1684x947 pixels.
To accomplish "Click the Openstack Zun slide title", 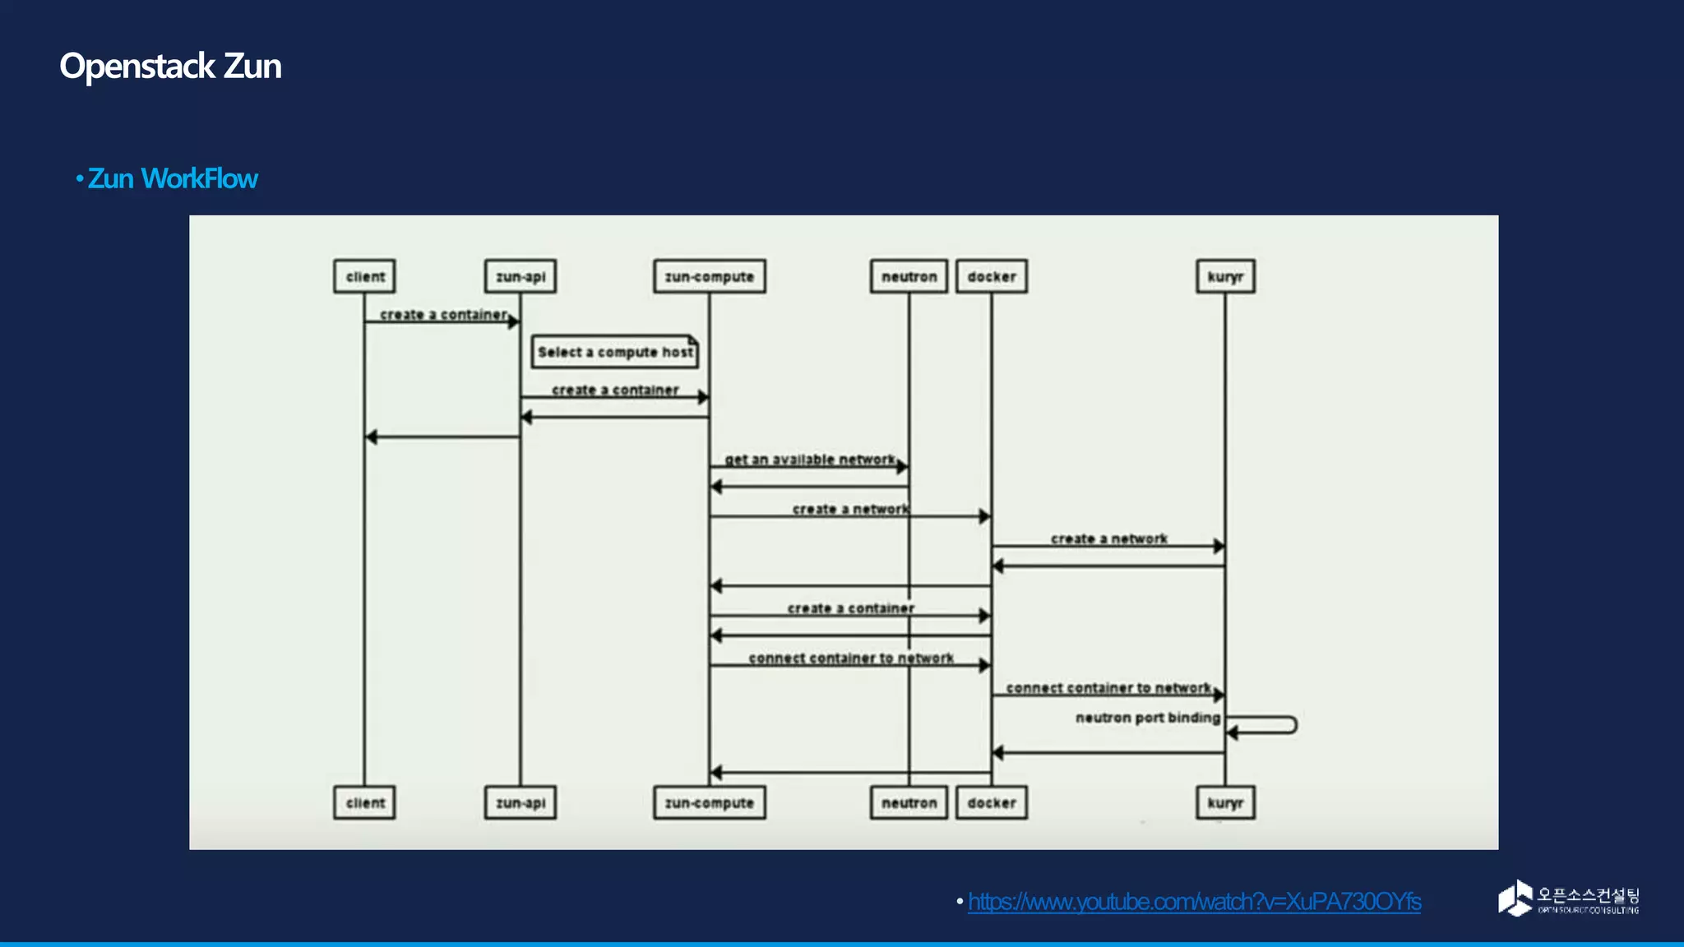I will click(170, 67).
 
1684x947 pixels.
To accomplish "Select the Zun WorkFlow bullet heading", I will click(172, 178).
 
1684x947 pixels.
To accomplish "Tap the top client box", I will click(365, 276).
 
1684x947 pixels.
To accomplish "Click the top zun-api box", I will click(520, 276).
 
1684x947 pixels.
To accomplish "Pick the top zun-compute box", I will click(709, 276).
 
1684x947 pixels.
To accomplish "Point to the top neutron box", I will click(909, 276).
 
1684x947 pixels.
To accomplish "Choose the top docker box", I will click(992, 276).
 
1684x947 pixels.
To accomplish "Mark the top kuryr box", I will click(1225, 276).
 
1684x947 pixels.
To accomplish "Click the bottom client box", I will click(365, 802).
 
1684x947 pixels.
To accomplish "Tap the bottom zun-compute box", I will click(709, 802).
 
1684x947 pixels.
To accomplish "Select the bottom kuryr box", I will click(1225, 802).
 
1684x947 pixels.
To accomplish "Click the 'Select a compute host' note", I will click(615, 352).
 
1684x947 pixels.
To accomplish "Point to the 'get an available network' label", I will click(810, 460).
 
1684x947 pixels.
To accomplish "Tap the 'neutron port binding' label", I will click(1148, 718).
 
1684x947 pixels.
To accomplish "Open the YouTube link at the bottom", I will click(1194, 902).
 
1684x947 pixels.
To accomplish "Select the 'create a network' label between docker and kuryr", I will click(1108, 538).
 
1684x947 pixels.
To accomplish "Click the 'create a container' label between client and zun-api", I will click(443, 315).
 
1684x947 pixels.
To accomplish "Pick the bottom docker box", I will click(992, 802).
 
